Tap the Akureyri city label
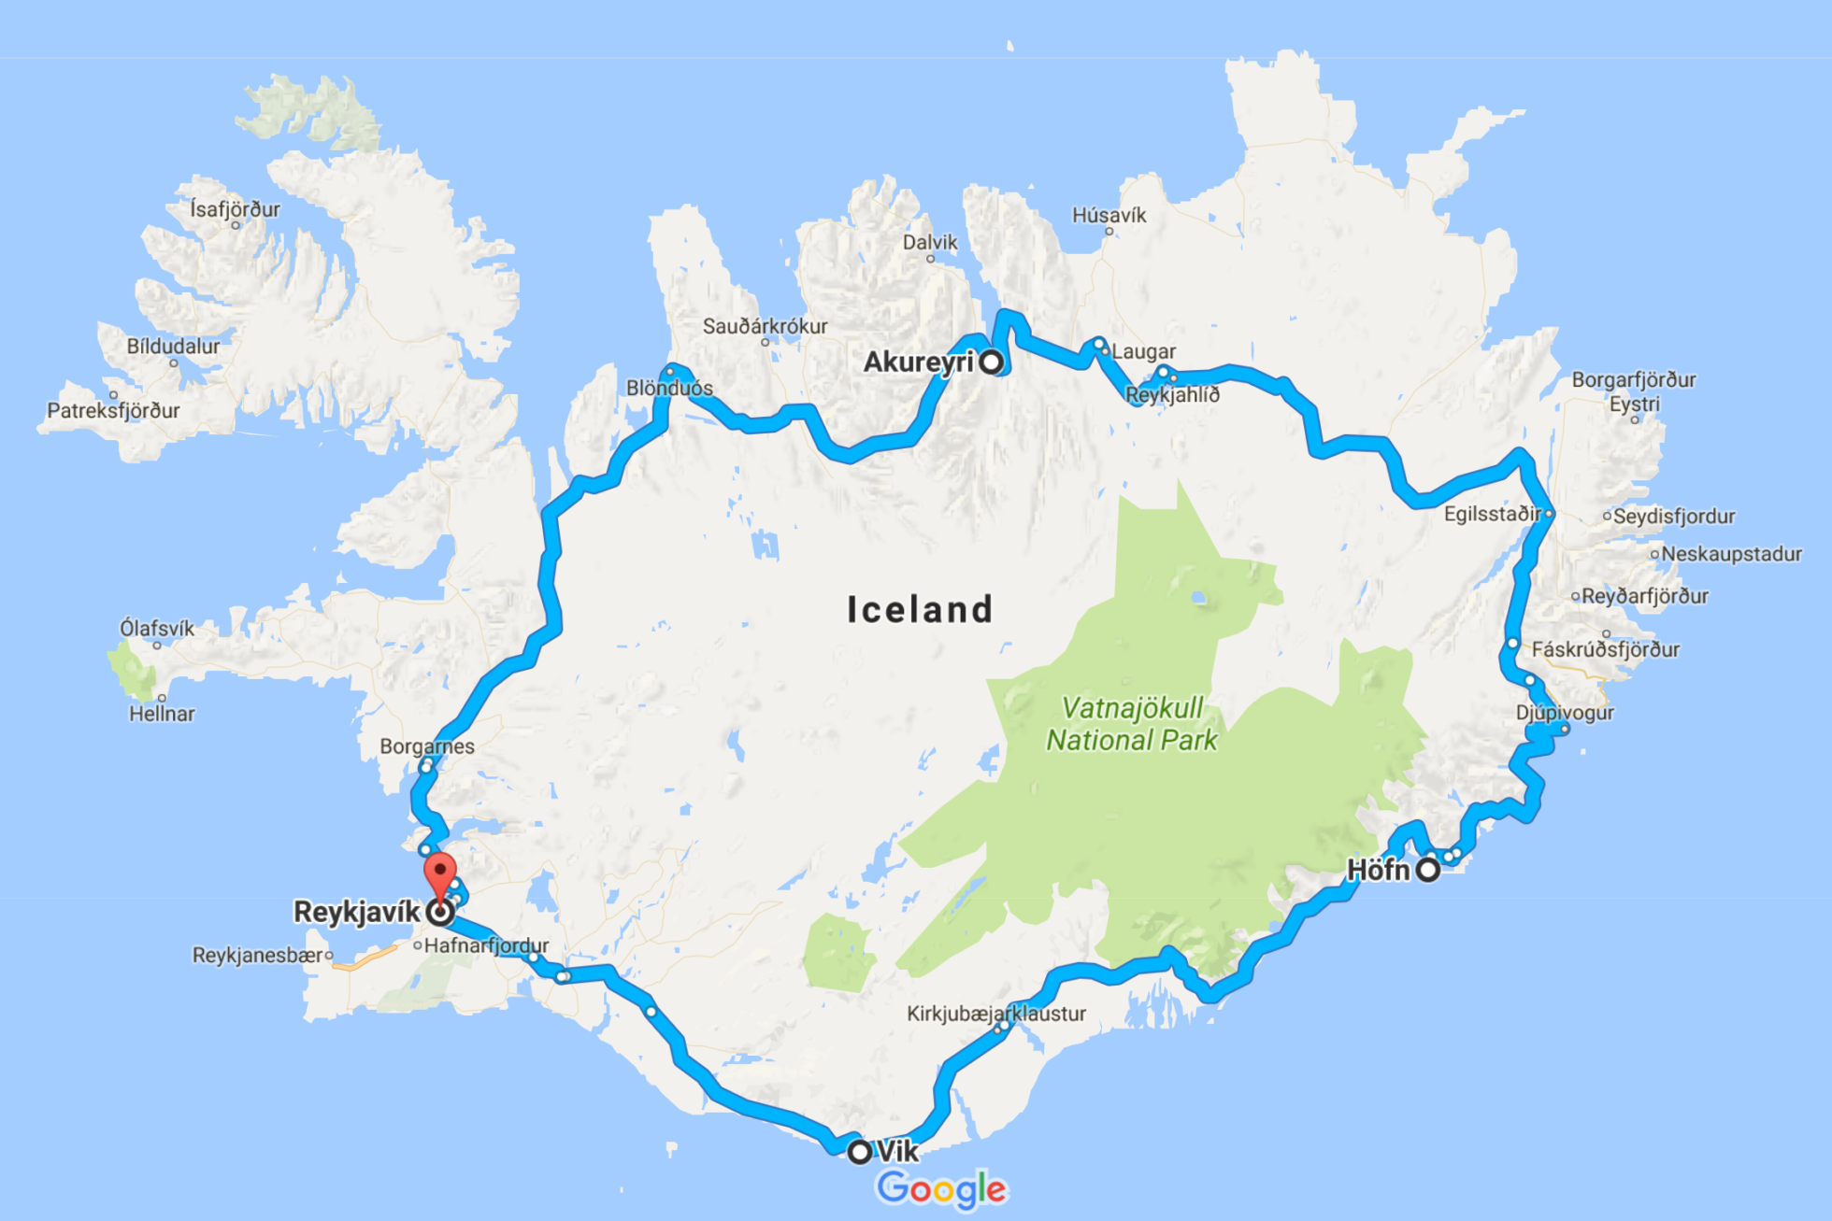click(x=918, y=362)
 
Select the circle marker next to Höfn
click(x=1428, y=871)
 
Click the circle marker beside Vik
click(x=859, y=1152)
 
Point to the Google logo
click(x=941, y=1189)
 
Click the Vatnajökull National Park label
click(x=1132, y=724)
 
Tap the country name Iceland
click(x=920, y=609)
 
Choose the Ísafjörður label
click(x=235, y=209)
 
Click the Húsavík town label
click(x=1109, y=216)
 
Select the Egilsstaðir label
click(x=1492, y=514)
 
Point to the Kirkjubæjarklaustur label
click(x=996, y=1014)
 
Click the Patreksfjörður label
click(x=113, y=411)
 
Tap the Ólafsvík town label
click(x=157, y=629)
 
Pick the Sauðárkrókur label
click(x=765, y=327)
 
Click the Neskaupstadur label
click(x=1731, y=554)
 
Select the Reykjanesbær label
click(x=258, y=956)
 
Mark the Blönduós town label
click(x=669, y=389)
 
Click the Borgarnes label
click(x=427, y=746)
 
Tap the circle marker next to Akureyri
click(x=991, y=362)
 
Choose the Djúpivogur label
click(x=1565, y=713)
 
